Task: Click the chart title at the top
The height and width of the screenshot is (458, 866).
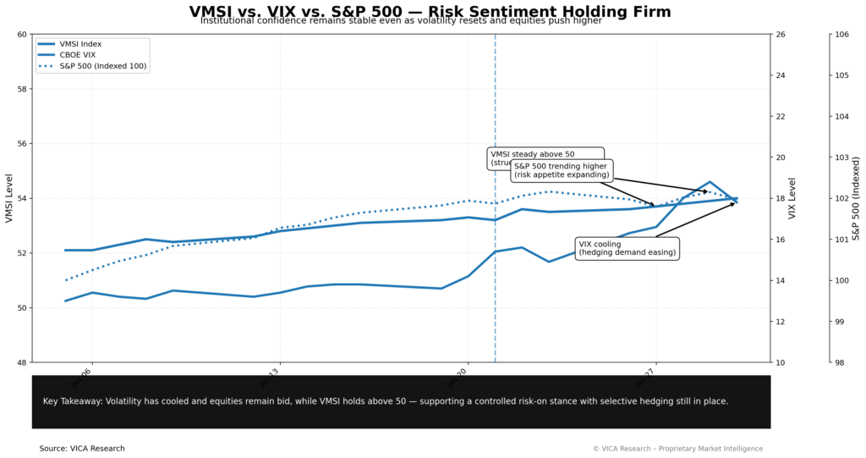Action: tap(430, 11)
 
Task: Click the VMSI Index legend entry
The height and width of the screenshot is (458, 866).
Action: tap(80, 43)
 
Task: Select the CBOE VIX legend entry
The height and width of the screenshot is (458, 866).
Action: tap(79, 54)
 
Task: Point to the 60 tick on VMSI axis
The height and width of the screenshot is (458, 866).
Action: tap(21, 35)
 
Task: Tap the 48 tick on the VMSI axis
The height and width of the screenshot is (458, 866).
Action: tap(21, 362)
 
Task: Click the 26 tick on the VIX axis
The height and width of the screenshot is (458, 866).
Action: tap(781, 35)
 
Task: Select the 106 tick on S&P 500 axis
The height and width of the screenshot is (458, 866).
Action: tap(842, 35)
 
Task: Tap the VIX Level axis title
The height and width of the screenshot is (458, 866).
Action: tap(792, 198)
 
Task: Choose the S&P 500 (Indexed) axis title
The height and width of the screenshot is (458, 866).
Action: tap(855, 198)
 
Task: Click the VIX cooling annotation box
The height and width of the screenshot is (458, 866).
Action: tap(627, 248)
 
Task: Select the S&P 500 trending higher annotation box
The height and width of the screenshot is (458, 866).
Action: tap(562, 170)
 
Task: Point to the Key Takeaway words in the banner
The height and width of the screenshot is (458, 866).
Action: tap(72, 401)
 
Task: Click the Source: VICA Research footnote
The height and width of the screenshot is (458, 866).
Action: tap(81, 449)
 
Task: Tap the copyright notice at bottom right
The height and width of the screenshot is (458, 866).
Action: tap(677, 449)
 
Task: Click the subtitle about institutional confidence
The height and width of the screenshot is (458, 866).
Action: tap(401, 21)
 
